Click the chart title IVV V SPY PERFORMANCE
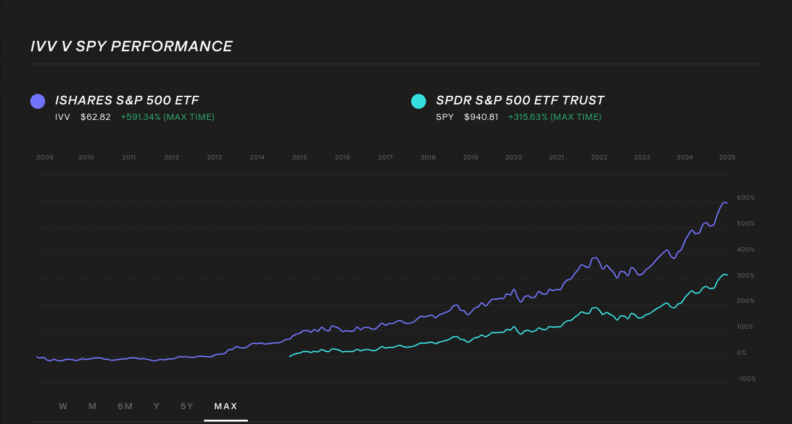coord(132,47)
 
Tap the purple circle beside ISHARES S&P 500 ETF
coord(38,101)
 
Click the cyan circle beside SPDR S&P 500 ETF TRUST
coord(419,101)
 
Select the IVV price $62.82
coord(95,117)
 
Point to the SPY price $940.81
coord(481,117)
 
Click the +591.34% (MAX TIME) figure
coord(168,117)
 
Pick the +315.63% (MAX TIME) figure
coord(555,117)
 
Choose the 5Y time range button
coord(187,406)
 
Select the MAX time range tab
coord(226,406)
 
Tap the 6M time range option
coord(125,406)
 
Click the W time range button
coord(63,406)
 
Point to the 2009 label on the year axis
coord(45,158)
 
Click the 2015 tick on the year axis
coord(300,158)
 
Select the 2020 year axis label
coord(514,158)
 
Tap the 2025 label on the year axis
coord(727,158)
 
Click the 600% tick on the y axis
coord(746,198)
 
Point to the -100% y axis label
coord(746,379)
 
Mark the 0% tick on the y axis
coord(741,353)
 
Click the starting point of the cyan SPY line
coord(290,357)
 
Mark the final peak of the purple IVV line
coord(723,202)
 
